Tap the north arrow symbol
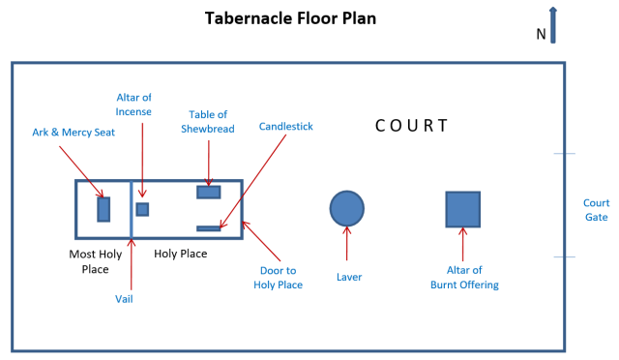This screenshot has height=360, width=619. pos(552,26)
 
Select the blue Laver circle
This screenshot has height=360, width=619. pos(347,208)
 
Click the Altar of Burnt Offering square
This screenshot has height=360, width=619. pos(462,209)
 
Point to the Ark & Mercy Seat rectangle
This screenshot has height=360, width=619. pos(103,209)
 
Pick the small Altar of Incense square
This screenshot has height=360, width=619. pos(142,209)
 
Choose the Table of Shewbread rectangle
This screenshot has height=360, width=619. pos(209,192)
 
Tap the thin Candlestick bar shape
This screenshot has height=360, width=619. pos(209,228)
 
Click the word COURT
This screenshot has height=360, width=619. pos(412,126)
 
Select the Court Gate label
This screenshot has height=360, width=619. pos(596,210)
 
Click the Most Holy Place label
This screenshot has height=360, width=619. pos(96,260)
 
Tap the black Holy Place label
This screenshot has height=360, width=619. pos(181,254)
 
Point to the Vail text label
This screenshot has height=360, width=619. pos(124,299)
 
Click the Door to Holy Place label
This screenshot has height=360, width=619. pos(279,277)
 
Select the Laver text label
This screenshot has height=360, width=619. pos(347,277)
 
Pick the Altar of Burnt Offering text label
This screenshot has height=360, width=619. pos(464,277)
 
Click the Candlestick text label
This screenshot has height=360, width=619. pos(286,127)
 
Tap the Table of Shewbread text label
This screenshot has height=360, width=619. pos(208,122)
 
